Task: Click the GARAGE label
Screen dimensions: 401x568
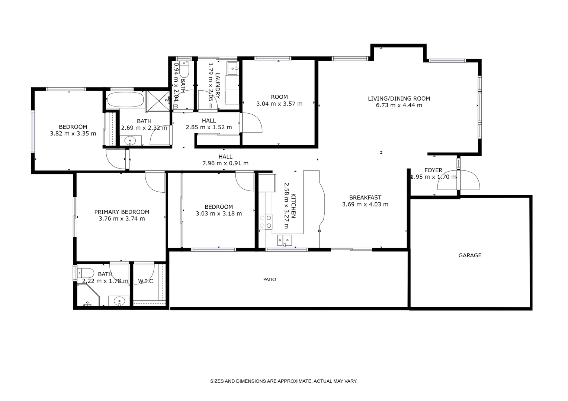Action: click(469, 255)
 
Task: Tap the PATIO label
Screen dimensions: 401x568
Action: click(270, 280)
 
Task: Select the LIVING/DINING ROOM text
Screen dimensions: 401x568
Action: click(399, 98)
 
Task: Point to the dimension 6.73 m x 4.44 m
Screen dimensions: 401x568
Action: click(399, 105)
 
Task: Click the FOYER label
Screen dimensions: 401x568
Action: click(433, 170)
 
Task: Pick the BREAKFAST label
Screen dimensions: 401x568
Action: click(365, 198)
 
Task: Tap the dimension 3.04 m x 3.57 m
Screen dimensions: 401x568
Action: click(279, 104)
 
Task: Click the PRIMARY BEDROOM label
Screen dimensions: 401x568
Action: click(122, 212)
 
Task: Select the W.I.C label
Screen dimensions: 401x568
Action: click(145, 281)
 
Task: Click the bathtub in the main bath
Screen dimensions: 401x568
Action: click(125, 100)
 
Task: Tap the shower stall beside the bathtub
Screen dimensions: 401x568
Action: click(158, 100)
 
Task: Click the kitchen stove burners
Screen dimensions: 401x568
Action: click(265, 222)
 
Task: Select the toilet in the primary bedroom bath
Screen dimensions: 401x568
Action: click(82, 272)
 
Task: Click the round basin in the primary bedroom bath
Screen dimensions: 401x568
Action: click(119, 300)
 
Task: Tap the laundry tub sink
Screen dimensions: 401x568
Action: click(233, 68)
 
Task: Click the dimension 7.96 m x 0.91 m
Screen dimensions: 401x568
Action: click(225, 163)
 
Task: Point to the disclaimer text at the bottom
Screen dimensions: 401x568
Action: click(283, 381)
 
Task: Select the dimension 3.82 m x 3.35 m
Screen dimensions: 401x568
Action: click(73, 134)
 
